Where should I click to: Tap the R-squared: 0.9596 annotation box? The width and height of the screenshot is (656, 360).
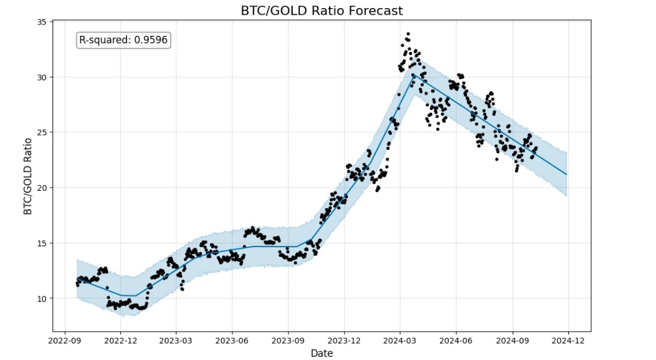pyautogui.click(x=124, y=40)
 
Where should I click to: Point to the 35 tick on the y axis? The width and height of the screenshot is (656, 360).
pyautogui.click(x=41, y=22)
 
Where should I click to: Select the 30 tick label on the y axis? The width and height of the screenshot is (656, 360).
pyautogui.click(x=41, y=77)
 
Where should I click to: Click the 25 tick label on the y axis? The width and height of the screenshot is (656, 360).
pyautogui.click(x=41, y=132)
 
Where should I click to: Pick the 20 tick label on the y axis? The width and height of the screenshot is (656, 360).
pyautogui.click(x=41, y=188)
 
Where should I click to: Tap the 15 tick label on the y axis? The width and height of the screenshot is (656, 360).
pyautogui.click(x=41, y=243)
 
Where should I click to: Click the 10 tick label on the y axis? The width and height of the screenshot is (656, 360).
pyautogui.click(x=41, y=298)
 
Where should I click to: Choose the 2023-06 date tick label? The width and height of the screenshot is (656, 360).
pyautogui.click(x=232, y=340)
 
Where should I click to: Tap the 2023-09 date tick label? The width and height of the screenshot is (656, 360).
pyautogui.click(x=288, y=340)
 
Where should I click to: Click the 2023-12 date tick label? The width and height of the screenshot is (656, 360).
pyautogui.click(x=344, y=340)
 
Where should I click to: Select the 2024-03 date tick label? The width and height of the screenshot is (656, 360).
pyautogui.click(x=400, y=340)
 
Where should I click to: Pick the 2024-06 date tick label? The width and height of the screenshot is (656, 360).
pyautogui.click(x=456, y=340)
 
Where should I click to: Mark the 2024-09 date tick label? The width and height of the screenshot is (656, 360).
pyautogui.click(x=513, y=340)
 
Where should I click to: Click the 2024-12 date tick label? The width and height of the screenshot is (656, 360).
pyautogui.click(x=568, y=340)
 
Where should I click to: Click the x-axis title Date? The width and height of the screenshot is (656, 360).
pyautogui.click(x=322, y=353)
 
